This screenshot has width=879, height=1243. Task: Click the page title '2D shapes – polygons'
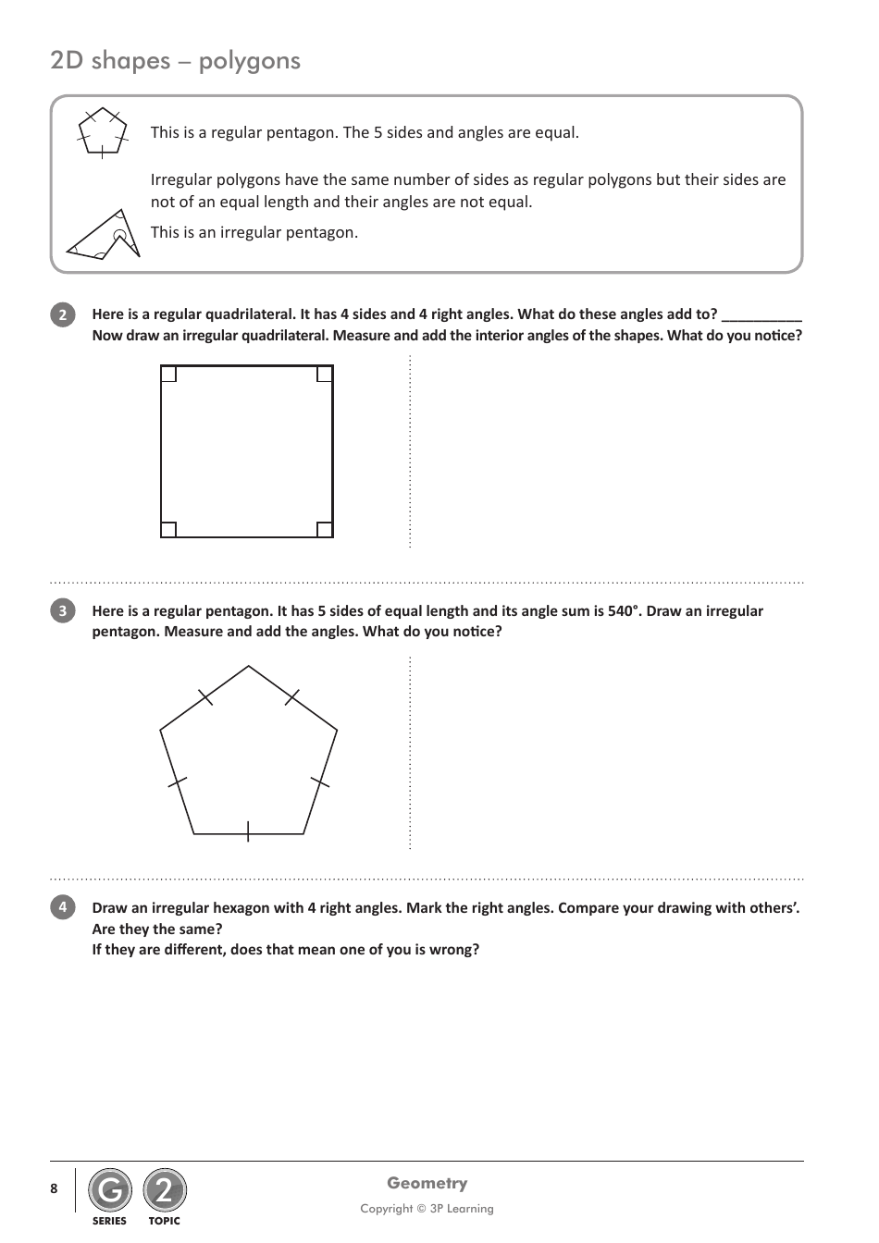coord(176,61)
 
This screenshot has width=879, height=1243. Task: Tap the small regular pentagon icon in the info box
coord(102,132)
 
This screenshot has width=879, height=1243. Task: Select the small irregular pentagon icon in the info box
coord(104,234)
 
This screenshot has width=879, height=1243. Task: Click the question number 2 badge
coord(62,315)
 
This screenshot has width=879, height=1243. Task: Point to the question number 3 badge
coord(62,611)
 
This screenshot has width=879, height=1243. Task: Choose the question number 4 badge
coord(62,907)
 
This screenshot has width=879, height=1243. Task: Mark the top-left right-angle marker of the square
coord(168,374)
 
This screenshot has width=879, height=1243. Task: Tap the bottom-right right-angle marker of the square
coord(325,530)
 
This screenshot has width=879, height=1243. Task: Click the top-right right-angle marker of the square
coord(325,374)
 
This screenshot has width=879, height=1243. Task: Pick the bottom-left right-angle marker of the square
coord(168,530)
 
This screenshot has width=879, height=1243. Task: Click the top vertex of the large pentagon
coord(249,666)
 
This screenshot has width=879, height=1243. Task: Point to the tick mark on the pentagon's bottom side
coord(248,832)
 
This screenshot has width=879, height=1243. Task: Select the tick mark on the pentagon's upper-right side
coord(292,697)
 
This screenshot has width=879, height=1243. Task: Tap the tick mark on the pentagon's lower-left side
coord(177,782)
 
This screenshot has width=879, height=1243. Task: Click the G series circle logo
coord(110,1190)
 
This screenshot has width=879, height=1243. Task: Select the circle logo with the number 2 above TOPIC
coord(165,1190)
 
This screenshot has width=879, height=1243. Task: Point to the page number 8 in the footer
coord(54,1188)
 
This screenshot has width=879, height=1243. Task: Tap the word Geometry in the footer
coord(427,1183)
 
